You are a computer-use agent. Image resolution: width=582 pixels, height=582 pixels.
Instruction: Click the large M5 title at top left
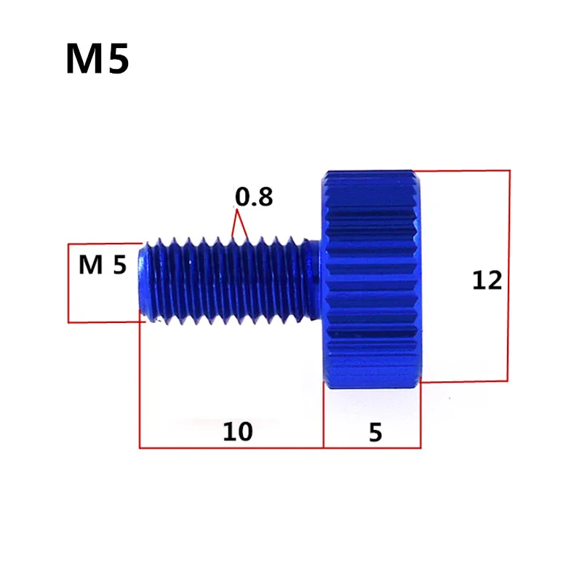point(97,59)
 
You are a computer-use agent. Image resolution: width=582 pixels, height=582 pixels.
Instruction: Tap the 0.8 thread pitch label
point(254,196)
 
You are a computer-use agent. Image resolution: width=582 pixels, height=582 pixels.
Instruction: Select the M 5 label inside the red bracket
point(103,265)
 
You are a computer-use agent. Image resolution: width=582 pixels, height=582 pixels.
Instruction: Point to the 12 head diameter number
point(487,280)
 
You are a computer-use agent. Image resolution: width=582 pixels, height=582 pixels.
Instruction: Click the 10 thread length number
point(238,431)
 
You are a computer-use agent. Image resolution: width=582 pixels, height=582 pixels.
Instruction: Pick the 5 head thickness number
point(375,432)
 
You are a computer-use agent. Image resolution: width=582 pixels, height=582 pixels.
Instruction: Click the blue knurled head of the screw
point(371,279)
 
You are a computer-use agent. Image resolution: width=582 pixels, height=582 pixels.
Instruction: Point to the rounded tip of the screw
point(143,279)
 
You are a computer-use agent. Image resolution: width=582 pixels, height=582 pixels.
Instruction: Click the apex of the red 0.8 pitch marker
point(237,210)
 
